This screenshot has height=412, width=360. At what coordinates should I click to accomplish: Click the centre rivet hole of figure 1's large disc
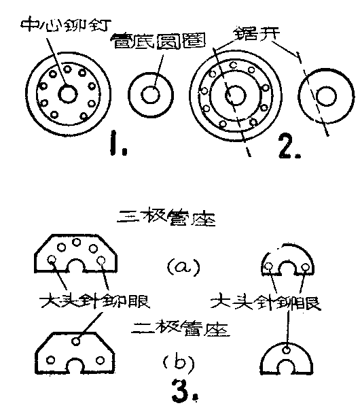coord(67,95)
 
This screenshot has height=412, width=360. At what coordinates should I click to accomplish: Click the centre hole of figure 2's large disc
coord(235,95)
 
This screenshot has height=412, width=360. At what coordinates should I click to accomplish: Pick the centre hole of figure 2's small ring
coord(327,96)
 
